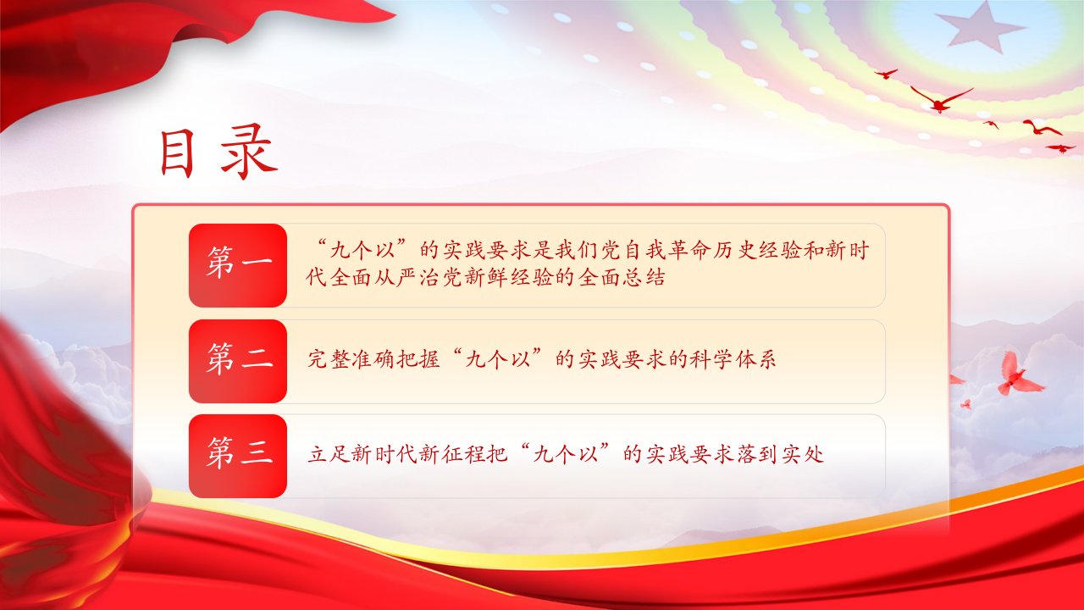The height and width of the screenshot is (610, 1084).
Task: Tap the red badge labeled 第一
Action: click(x=238, y=265)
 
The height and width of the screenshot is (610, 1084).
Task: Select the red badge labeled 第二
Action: click(x=238, y=361)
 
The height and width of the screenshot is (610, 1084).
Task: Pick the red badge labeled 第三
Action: click(x=238, y=456)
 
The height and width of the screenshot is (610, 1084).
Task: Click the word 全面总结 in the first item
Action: click(x=622, y=277)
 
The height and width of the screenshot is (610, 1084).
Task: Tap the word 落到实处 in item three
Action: click(x=780, y=455)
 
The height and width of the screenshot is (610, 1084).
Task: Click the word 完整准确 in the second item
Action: click(x=351, y=360)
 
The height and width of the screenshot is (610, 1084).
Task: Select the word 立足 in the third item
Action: click(x=329, y=455)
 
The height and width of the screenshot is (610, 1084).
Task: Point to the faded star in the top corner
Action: click(x=978, y=28)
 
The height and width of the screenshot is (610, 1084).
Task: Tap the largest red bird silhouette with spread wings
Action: click(x=940, y=100)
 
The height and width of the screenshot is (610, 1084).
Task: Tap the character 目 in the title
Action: click(x=177, y=153)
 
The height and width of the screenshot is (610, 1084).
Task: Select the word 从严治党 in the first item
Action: click(x=419, y=277)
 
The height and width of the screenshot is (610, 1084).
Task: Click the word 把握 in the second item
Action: click(x=418, y=360)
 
